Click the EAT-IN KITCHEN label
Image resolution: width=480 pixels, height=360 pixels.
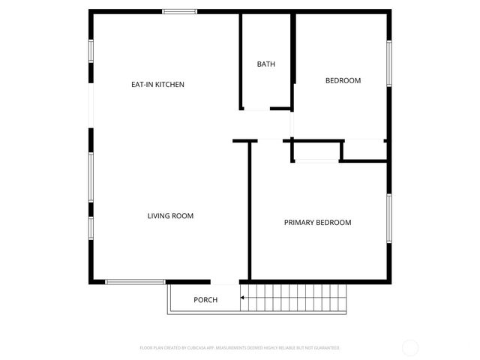(x=157, y=85)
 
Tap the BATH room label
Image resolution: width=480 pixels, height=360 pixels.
(x=266, y=64)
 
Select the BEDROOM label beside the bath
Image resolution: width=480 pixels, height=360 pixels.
(x=343, y=81)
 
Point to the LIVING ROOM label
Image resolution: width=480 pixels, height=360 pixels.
(x=170, y=216)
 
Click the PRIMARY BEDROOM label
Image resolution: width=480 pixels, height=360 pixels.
(x=317, y=223)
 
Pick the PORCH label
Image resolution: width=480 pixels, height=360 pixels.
(x=205, y=300)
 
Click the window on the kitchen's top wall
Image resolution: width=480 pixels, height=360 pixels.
(x=180, y=11)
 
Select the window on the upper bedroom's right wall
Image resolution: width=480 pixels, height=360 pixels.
(x=388, y=64)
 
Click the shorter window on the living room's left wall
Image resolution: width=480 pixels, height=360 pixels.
(x=91, y=228)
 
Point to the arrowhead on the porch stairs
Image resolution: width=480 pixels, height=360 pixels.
(x=243, y=298)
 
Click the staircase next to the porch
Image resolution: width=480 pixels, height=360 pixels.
(x=296, y=298)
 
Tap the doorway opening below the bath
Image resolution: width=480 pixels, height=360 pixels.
(x=256, y=110)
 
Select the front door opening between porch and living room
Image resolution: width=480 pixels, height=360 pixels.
(x=225, y=283)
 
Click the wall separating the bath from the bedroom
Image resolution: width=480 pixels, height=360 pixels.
(x=293, y=60)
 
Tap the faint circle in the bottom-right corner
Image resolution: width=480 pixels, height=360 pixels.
(x=410, y=347)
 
